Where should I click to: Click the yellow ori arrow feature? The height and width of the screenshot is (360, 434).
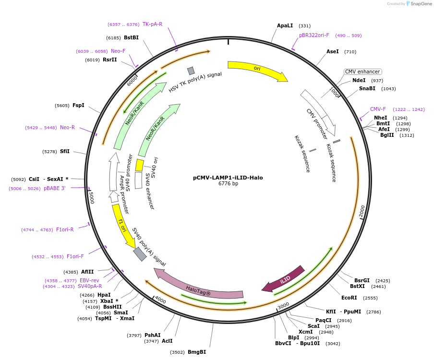pyautogui.click(x=257, y=69)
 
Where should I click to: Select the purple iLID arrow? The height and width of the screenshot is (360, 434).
pyautogui.click(x=284, y=279)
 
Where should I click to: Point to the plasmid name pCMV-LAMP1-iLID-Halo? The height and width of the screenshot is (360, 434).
pyautogui.click(x=228, y=178)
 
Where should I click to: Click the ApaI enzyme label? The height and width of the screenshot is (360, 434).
pyautogui.click(x=285, y=25)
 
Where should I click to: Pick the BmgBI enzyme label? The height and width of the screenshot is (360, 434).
pyautogui.click(x=197, y=352)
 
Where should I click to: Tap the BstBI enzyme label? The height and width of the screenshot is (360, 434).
pyautogui.click(x=131, y=37)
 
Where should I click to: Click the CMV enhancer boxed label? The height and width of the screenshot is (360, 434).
pyautogui.click(x=362, y=72)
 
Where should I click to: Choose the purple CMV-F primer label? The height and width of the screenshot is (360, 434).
pyautogui.click(x=378, y=109)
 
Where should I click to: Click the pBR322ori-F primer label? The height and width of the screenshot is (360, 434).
pyautogui.click(x=314, y=35)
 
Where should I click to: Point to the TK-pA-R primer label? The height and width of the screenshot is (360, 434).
pyautogui.click(x=152, y=24)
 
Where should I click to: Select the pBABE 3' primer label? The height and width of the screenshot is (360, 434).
pyautogui.click(x=54, y=188)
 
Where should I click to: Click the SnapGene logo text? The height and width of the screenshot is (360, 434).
pyautogui.click(x=421, y=4)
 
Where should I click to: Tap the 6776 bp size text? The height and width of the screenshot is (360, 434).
pyautogui.click(x=228, y=184)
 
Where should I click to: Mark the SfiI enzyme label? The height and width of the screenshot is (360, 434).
pyautogui.click(x=65, y=151)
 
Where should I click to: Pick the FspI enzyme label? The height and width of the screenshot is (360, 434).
pyautogui.click(x=78, y=105)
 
